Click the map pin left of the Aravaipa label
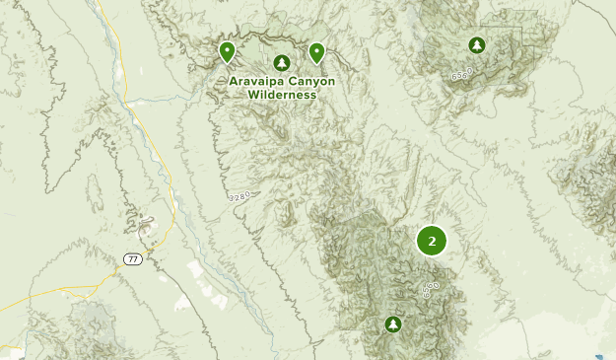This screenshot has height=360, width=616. (227, 51)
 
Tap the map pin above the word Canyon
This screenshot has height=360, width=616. (316, 51)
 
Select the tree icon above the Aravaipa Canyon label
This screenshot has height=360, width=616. (282, 62)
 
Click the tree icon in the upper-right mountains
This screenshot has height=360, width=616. (477, 45)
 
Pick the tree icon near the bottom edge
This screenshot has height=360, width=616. (393, 324)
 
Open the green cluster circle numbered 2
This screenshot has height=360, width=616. (432, 240)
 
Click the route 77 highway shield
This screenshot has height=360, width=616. (132, 258)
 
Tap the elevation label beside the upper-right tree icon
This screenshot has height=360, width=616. (462, 74)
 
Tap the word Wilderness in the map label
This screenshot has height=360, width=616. (282, 95)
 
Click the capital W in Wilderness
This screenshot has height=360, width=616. (252, 95)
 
